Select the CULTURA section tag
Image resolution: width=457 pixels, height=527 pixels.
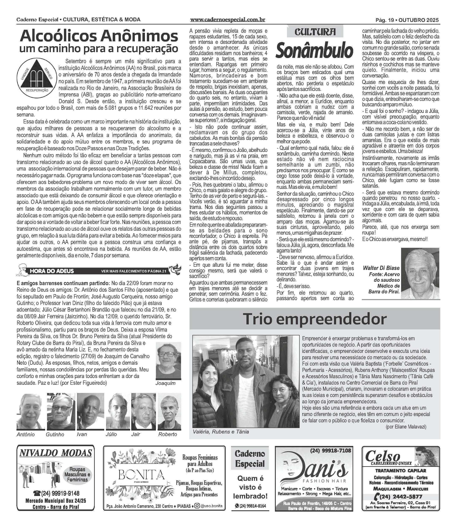(315, 32)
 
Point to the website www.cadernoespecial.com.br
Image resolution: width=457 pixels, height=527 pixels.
(227, 20)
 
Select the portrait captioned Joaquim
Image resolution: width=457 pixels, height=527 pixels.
(168, 361)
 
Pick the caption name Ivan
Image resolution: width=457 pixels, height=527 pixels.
(82, 434)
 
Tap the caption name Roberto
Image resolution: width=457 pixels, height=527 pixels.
(168, 434)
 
